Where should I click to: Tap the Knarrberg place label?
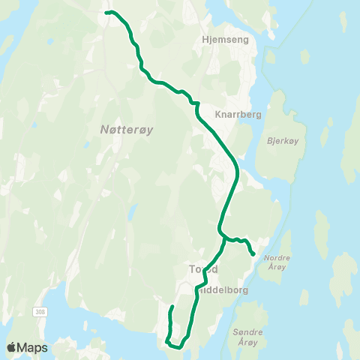tap(237, 115)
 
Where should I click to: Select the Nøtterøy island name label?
tap(126, 130)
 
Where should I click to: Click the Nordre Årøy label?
tap(277, 262)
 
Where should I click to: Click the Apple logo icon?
tap(12, 347)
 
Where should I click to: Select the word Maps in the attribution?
tap(33, 347)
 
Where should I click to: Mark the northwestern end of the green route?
tap(106, 13)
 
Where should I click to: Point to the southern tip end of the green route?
tap(172, 307)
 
